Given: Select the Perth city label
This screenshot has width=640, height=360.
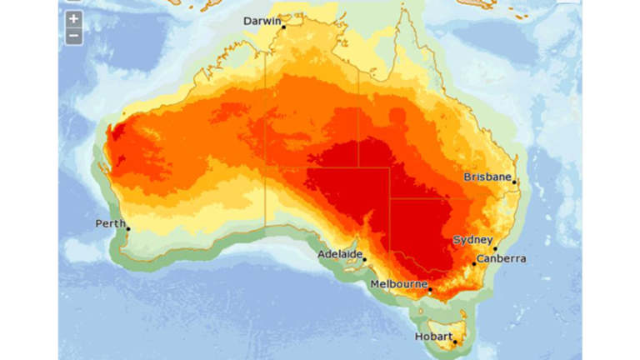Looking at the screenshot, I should (x=111, y=223).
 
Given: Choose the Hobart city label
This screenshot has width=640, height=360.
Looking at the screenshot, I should (x=434, y=337).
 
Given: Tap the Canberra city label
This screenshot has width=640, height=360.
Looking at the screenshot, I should (x=502, y=258).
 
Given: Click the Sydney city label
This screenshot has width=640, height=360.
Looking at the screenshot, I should (x=472, y=240).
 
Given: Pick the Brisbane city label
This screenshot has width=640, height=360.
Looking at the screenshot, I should (x=487, y=177).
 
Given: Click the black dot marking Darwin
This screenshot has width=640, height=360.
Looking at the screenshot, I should (x=283, y=27).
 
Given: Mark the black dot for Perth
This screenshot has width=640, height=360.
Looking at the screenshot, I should (x=128, y=228).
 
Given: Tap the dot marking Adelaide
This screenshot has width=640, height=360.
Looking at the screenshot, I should (x=364, y=260).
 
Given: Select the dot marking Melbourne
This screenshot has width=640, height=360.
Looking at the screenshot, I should (x=430, y=290).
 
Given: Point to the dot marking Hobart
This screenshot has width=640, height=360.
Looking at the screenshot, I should (x=455, y=342).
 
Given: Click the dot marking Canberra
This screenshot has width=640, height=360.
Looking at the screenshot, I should (x=474, y=264).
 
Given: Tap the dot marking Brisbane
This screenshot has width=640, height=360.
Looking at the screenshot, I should (x=515, y=182).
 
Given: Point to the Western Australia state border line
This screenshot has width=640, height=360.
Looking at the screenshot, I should (x=267, y=125).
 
